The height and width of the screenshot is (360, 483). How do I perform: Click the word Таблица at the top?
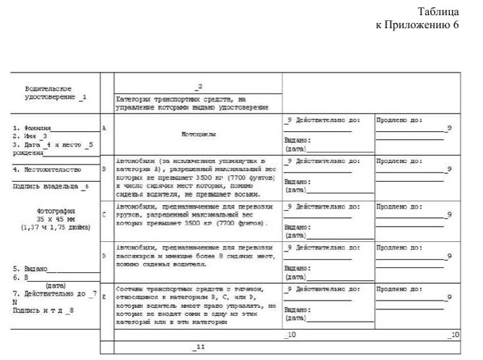pos(439,12)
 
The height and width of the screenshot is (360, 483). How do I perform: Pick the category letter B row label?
pos(104,169)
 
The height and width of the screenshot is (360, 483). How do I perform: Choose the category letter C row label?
pos(104,214)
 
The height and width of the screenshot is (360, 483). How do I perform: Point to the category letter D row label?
pos(104,255)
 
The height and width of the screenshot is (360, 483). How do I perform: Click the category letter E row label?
pos(104,297)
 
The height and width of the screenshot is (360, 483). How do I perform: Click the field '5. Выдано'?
pos(30,268)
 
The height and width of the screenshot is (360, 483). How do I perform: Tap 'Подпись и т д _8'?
pos(43,310)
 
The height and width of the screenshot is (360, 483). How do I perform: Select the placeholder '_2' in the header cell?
pos(198,86)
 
